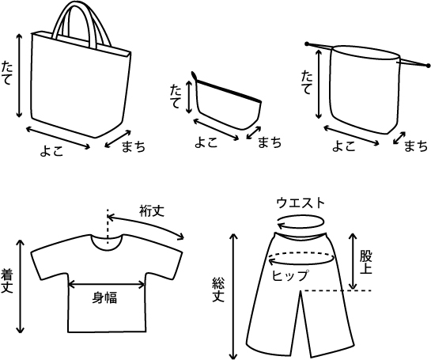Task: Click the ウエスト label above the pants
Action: (x=301, y=203)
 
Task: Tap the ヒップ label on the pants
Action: (x=290, y=276)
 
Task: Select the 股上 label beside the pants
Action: (x=365, y=263)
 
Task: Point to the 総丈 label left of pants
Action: (x=218, y=290)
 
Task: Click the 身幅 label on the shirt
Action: (x=104, y=297)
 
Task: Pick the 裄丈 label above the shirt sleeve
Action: (x=152, y=211)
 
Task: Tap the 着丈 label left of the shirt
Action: (x=6, y=281)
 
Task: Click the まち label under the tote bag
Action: (x=134, y=146)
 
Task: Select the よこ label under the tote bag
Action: (x=51, y=150)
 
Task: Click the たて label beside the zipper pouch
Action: (x=176, y=97)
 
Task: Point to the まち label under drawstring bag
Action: (x=416, y=146)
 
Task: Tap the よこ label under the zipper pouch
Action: (x=206, y=142)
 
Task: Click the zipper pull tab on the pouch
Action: (x=194, y=75)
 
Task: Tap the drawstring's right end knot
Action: (x=428, y=66)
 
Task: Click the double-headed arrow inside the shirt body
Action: (x=106, y=285)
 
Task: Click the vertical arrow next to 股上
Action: (x=353, y=261)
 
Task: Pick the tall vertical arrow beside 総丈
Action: (x=233, y=296)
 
